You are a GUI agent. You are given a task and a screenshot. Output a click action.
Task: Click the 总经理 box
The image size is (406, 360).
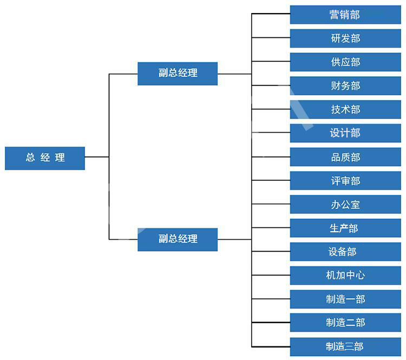[45, 158]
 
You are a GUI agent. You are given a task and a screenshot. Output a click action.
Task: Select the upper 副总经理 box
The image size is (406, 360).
[178, 74]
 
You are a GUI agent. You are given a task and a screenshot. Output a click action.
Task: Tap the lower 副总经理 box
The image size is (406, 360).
[178, 240]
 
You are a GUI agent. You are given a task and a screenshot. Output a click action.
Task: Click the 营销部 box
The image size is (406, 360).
[345, 15]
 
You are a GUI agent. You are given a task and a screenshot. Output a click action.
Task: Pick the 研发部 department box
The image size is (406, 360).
[345, 38]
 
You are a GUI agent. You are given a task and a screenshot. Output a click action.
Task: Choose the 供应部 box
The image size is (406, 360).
[345, 62]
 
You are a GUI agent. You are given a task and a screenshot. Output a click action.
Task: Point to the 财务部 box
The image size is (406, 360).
[345, 86]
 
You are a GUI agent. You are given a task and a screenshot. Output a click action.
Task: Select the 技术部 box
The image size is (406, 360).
[345, 109]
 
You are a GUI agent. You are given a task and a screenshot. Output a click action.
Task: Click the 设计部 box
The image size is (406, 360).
[345, 133]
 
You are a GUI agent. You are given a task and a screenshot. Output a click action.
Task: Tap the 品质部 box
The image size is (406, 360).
[345, 157]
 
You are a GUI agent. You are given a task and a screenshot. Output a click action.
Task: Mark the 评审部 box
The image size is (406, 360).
[345, 180]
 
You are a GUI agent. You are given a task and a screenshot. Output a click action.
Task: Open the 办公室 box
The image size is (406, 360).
[345, 204]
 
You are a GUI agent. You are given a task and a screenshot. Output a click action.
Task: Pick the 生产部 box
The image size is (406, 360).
[345, 228]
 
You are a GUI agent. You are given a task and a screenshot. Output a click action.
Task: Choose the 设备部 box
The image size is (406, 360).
[345, 252]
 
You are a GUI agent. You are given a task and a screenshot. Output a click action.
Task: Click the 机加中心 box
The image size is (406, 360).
[345, 276]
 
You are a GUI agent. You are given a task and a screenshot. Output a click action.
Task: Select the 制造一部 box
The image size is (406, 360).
[345, 299]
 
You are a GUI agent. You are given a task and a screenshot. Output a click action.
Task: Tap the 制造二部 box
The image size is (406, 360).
[345, 323]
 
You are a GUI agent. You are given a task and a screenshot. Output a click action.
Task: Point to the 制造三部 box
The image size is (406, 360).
[345, 347]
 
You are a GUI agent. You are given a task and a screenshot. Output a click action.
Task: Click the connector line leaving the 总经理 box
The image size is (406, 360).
[97, 156]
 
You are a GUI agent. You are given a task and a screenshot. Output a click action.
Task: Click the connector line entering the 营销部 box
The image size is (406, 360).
[271, 14]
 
